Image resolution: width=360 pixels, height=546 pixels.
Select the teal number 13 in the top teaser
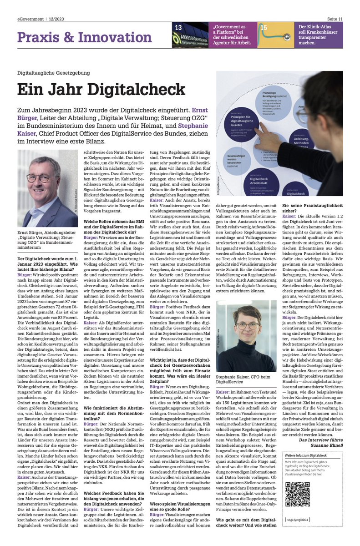(178, 28)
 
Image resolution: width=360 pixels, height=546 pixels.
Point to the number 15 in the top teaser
(263, 28)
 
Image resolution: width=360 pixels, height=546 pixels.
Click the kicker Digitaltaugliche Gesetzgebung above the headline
(53, 73)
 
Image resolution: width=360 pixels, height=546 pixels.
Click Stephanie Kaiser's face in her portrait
(246, 326)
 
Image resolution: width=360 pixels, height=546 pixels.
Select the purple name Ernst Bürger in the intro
(200, 111)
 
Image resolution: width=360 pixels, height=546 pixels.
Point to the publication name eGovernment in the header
(30, 18)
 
